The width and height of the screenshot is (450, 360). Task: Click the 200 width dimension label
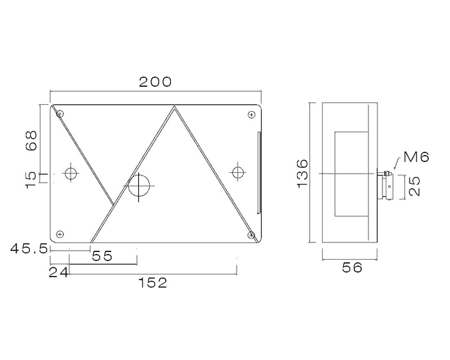click(x=156, y=82)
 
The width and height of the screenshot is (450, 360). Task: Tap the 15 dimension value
click(x=30, y=178)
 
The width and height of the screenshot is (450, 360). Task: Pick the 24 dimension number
click(x=59, y=273)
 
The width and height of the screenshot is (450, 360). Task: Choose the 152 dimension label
click(x=153, y=282)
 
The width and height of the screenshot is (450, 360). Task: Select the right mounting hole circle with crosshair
click(x=238, y=172)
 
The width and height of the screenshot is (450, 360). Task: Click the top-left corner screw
click(x=60, y=114)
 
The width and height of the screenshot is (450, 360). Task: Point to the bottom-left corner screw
click(x=60, y=233)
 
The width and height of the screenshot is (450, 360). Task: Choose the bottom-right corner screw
click(x=250, y=235)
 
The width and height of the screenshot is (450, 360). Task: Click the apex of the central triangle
click(x=174, y=107)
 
